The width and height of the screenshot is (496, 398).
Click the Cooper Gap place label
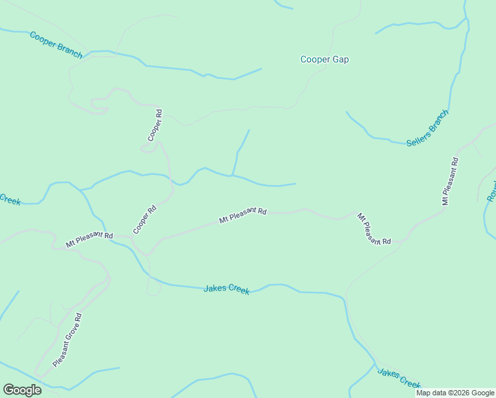pos(324,60)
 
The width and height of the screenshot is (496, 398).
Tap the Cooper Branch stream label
pos(56,44)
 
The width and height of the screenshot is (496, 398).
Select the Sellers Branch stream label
pos(428,127)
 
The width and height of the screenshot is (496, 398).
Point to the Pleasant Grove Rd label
pos(67,340)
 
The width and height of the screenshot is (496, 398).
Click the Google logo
pos(22,390)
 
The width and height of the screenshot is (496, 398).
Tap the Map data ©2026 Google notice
pos(455,393)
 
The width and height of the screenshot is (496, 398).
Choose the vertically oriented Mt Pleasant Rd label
pos(450,180)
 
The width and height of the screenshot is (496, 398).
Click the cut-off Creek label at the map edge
pos(9,199)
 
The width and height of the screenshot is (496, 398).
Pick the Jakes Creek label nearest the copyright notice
pos(399,379)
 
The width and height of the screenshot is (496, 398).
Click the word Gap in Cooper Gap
pos(340,60)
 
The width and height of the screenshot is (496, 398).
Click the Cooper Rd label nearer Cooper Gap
pos(155,125)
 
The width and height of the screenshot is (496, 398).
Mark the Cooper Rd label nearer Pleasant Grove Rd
pos(144,219)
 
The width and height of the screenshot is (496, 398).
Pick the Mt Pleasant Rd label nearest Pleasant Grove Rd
pos(90,240)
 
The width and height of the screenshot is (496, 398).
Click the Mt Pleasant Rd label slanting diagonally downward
pos(374,229)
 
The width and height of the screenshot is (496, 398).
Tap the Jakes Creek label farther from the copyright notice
pos(226,289)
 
